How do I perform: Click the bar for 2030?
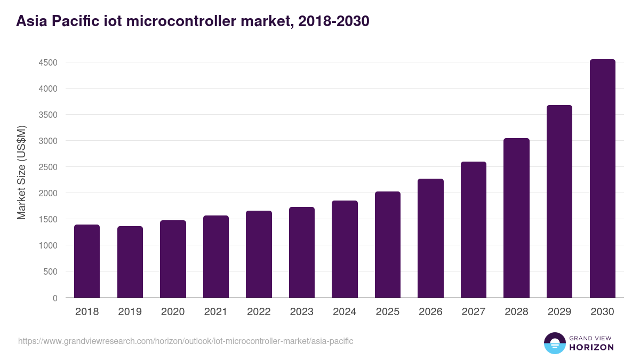coord(602,179)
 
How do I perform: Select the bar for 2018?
coord(87,261)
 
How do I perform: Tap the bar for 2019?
coord(130,262)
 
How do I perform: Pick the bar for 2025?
coord(388,245)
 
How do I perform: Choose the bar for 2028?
coord(516,218)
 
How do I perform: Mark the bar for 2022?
coord(259,254)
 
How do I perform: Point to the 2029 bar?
coord(559,202)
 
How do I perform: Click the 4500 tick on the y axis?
coord(48,62)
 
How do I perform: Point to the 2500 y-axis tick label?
coord(48,167)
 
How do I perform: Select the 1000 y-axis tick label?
coord(48,245)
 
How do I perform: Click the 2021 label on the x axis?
coord(215,312)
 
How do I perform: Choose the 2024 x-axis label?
coord(345,312)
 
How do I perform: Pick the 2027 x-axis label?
coord(474,312)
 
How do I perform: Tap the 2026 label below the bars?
coord(430,312)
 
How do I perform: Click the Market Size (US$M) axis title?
coord(21,172)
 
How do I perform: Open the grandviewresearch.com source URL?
coord(186,341)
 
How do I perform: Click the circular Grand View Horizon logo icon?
coord(555,343)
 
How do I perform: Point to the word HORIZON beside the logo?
coord(592,347)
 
